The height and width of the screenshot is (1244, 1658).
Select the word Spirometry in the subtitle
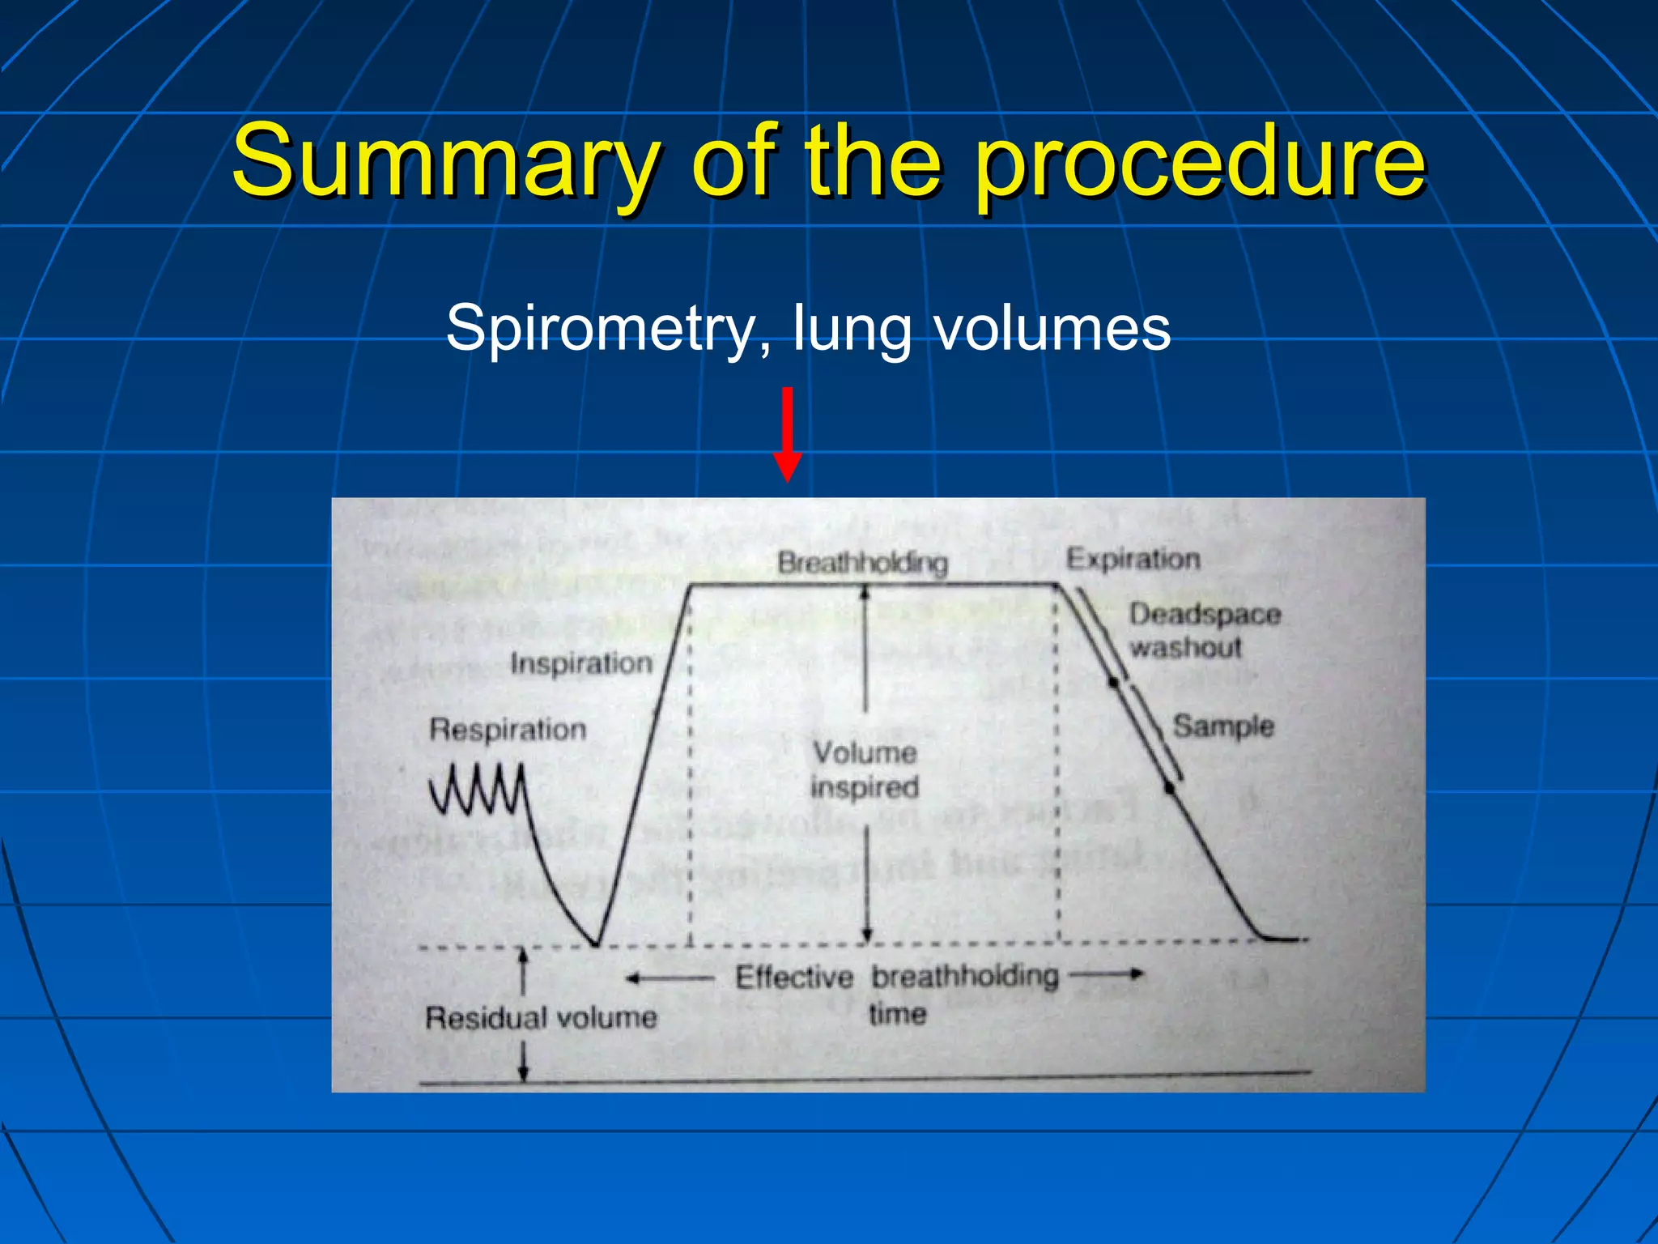tap(600, 327)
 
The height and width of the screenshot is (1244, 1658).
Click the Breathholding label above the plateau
tap(862, 562)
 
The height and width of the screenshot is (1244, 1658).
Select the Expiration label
tap(1133, 559)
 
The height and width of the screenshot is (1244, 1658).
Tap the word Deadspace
tap(1205, 614)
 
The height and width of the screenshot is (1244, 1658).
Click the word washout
tap(1185, 647)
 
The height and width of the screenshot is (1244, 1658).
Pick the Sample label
tap(1223, 726)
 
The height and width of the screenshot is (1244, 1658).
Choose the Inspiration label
tap(581, 663)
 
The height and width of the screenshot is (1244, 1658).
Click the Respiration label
tap(508, 729)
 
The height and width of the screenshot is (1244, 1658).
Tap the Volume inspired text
tap(865, 769)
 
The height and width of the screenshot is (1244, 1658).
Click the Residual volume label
tap(541, 1017)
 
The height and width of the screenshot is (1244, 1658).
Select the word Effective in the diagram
tap(794, 978)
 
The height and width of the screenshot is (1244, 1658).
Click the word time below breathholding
tap(898, 1013)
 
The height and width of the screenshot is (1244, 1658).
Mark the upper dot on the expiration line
tap(1114, 683)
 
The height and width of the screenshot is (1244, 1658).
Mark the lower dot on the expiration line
tap(1170, 787)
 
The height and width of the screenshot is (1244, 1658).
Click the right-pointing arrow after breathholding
tap(1107, 974)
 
